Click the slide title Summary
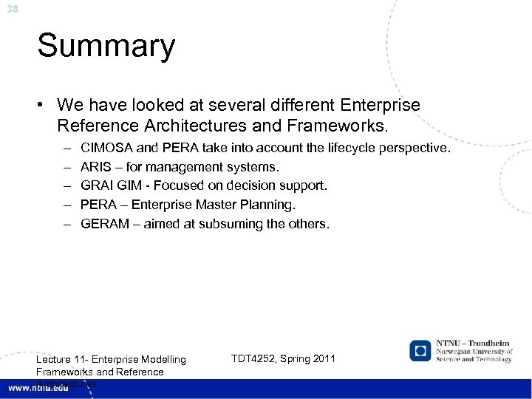click(x=106, y=47)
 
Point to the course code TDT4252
click(x=253, y=359)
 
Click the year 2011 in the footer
click(x=322, y=359)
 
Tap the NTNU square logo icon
click(x=422, y=350)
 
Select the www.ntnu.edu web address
click(x=39, y=388)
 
